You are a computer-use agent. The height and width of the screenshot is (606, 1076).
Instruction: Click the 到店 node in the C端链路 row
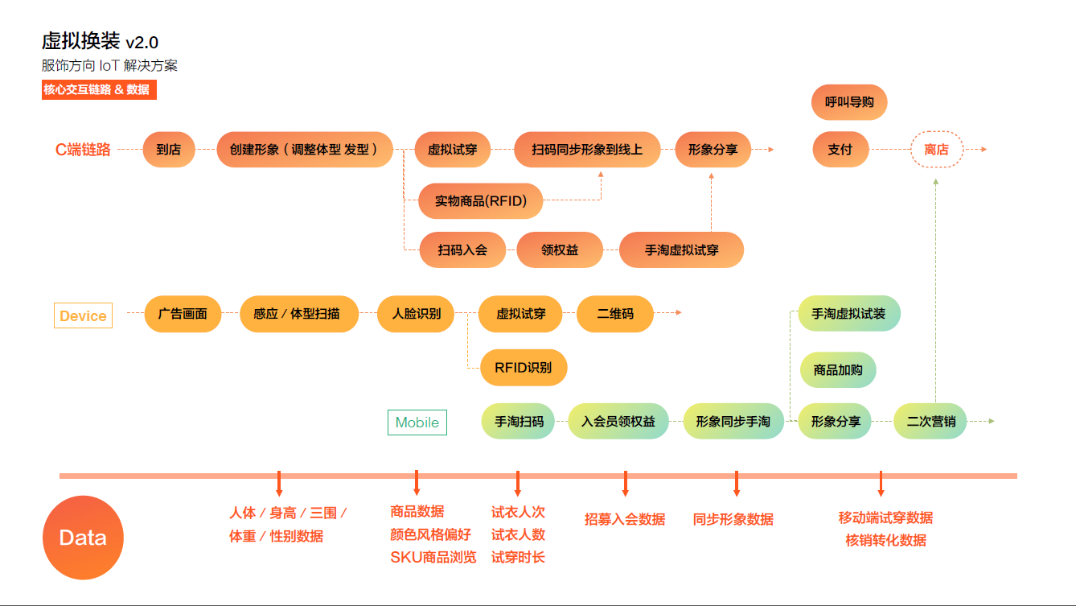click(x=169, y=150)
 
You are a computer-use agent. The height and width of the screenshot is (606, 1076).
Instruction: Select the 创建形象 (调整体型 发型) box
click(x=305, y=150)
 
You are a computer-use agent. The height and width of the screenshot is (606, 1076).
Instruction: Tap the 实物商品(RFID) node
click(x=481, y=201)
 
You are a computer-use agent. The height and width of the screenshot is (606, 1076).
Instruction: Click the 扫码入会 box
click(x=462, y=250)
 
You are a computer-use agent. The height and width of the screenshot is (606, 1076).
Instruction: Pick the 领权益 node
click(x=560, y=250)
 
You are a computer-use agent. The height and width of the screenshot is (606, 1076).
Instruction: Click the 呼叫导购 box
click(x=849, y=102)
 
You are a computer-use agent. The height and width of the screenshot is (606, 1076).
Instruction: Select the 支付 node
click(x=840, y=150)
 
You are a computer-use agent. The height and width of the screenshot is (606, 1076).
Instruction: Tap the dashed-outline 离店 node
click(x=937, y=150)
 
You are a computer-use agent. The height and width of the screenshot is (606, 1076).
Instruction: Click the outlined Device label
click(x=83, y=315)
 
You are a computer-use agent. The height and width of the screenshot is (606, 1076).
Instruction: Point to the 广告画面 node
click(x=183, y=314)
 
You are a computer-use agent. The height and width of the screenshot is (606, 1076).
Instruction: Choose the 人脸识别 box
click(x=416, y=314)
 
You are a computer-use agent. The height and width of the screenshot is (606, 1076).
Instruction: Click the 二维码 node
click(x=615, y=314)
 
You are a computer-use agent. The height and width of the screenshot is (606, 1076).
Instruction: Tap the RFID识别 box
click(x=524, y=368)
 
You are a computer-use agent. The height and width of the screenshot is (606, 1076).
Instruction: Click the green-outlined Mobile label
click(x=417, y=423)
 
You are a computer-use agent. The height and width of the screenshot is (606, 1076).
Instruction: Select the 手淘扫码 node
click(x=519, y=422)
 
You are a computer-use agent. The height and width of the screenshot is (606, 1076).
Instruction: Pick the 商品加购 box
click(x=838, y=370)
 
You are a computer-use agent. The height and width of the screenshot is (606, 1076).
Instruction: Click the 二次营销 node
click(x=930, y=422)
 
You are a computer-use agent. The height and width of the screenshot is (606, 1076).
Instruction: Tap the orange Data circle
click(x=83, y=538)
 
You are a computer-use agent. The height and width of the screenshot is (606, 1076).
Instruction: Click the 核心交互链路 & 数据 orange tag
click(x=99, y=90)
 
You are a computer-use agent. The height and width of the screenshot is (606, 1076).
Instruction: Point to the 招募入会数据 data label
click(x=625, y=520)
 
